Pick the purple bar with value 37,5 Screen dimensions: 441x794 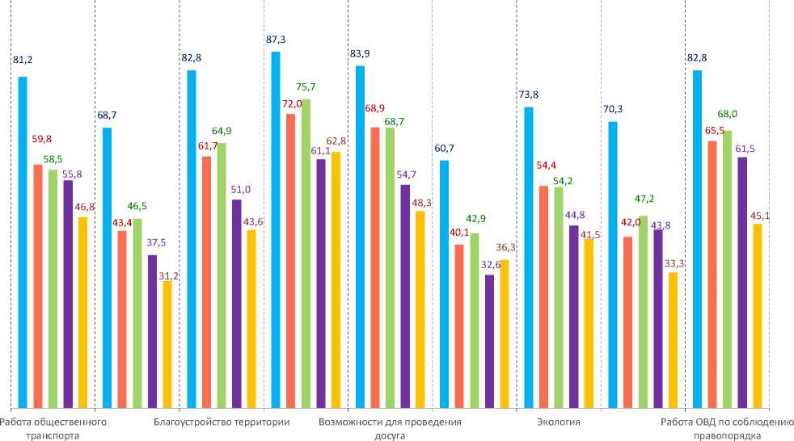point(152,330)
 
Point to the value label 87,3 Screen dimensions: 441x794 point(276,39)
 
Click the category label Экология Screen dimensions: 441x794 point(558,422)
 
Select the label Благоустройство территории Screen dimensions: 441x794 point(222,422)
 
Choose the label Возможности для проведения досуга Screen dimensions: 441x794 point(390,428)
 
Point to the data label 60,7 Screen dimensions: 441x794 point(445,148)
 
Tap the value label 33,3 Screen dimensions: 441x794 point(674,262)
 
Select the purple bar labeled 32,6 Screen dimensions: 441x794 point(489,340)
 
